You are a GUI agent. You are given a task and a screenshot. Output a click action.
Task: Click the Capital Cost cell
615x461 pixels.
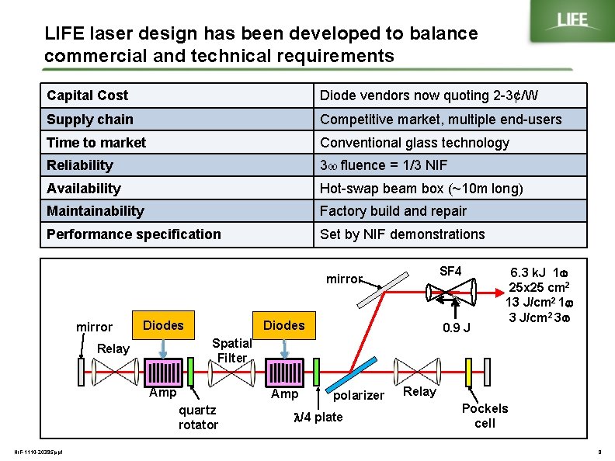coord(88,95)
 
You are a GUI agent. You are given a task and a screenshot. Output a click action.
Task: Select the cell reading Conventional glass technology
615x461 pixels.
coord(415,143)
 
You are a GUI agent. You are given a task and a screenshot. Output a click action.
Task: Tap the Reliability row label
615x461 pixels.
coord(80,165)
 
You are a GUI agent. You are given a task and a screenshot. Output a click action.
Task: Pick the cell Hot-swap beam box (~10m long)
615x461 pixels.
coord(422,189)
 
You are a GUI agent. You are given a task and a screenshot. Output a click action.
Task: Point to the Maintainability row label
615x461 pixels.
coord(96,211)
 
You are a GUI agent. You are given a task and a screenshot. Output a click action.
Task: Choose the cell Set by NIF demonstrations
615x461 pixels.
coord(402,234)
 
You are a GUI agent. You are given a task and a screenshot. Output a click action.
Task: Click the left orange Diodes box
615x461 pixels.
coord(163,325)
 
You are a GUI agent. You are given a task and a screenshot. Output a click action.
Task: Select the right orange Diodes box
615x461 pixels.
coord(284,325)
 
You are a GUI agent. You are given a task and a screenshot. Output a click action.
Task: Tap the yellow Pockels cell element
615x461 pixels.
coord(469,371)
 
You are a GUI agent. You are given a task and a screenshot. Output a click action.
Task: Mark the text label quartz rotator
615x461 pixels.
coord(198,417)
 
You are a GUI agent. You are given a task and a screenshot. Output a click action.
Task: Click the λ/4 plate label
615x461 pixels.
coord(318,417)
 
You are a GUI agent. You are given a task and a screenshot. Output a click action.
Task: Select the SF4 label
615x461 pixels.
coord(450,271)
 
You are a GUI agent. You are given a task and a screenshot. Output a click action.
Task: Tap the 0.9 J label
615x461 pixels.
coord(456,328)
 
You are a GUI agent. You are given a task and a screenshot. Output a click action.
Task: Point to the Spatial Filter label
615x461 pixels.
coord(231,350)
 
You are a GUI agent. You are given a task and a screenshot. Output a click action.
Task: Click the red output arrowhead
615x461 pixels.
coord(499,294)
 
